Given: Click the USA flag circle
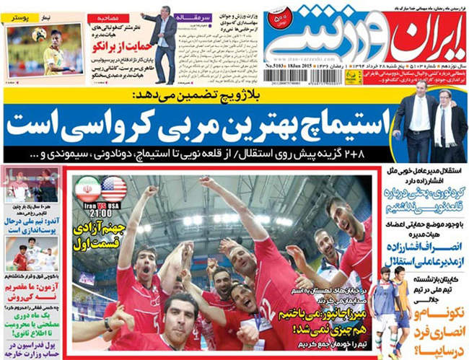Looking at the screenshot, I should click(114, 189).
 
